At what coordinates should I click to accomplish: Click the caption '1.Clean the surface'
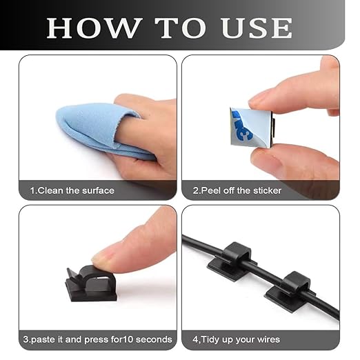[72, 190]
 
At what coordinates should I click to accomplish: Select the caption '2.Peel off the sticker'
[237, 190]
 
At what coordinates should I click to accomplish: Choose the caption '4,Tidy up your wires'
[236, 339]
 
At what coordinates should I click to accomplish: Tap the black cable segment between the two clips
[262, 274]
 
